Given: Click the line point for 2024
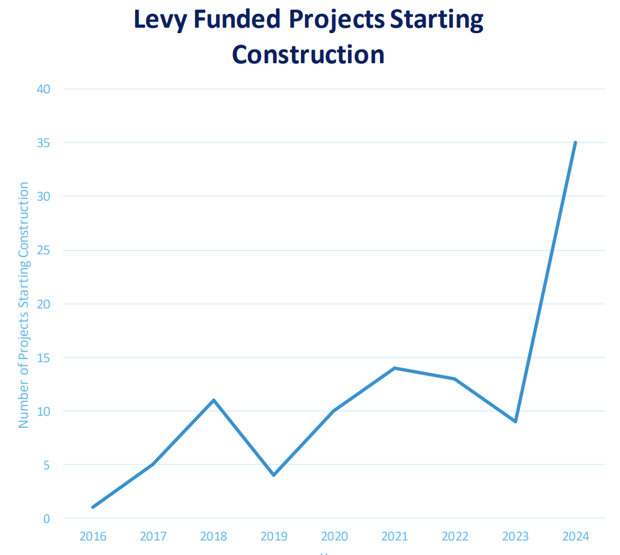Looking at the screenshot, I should [x=575, y=143].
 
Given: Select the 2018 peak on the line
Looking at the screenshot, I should [x=214, y=400].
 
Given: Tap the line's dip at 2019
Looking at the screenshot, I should [x=274, y=475].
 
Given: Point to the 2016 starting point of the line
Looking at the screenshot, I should [x=93, y=507].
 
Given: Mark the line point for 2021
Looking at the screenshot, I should [x=394, y=368].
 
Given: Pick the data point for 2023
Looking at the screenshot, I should [x=515, y=421].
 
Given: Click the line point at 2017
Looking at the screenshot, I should [x=153, y=464].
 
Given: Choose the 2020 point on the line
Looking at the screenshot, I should [x=334, y=411].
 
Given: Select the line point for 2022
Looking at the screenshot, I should [x=455, y=378].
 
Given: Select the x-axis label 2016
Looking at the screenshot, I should [x=93, y=536].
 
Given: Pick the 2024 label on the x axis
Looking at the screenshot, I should [x=575, y=536].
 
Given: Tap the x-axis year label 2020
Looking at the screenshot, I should [x=334, y=536].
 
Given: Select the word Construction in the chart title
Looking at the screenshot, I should [x=308, y=54].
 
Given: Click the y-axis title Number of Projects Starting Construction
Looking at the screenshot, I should [x=24, y=305].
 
